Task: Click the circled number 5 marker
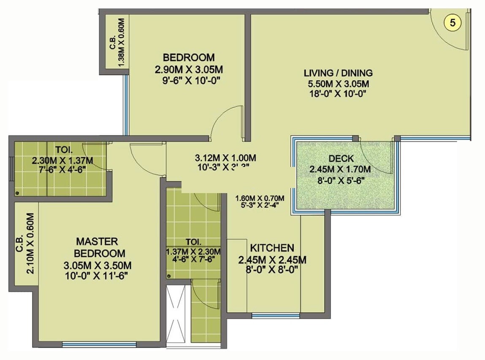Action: coord(452,23)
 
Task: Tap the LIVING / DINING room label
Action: coord(338,73)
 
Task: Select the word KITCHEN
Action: coord(272,248)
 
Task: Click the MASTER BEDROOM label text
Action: coord(100,247)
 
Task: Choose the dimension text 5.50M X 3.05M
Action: coord(339,84)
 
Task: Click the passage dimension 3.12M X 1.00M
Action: coord(225,158)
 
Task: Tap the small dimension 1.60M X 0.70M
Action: coord(260,199)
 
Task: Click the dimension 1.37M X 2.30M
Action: coord(194,251)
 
